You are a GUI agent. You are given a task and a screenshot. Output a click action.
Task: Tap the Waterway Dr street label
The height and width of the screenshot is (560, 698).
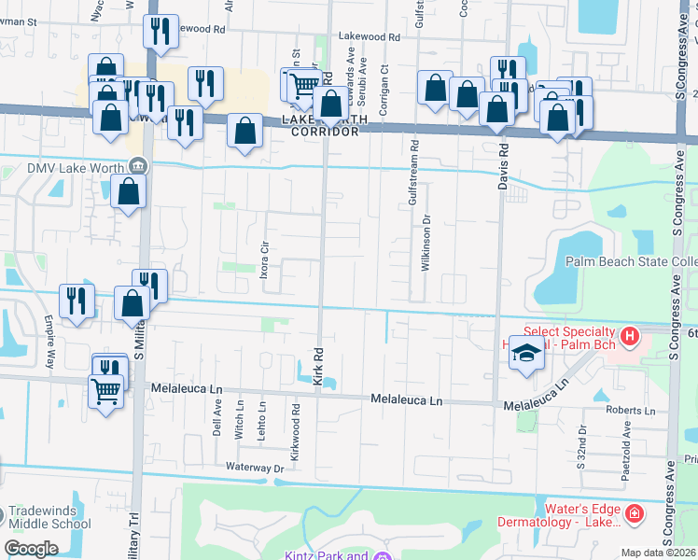pos(255,467)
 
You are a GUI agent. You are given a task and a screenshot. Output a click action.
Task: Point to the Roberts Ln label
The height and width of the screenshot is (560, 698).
pos(630,410)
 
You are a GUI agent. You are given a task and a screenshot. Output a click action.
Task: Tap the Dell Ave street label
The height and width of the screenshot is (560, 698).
pos(216,426)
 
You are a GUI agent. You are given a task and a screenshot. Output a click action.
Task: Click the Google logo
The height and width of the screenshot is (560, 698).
pos(31,549)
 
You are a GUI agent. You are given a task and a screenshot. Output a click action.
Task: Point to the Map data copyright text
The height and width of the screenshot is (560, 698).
pos(658,553)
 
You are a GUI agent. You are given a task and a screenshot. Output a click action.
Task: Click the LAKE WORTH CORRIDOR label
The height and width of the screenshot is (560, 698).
pos(325,126)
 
